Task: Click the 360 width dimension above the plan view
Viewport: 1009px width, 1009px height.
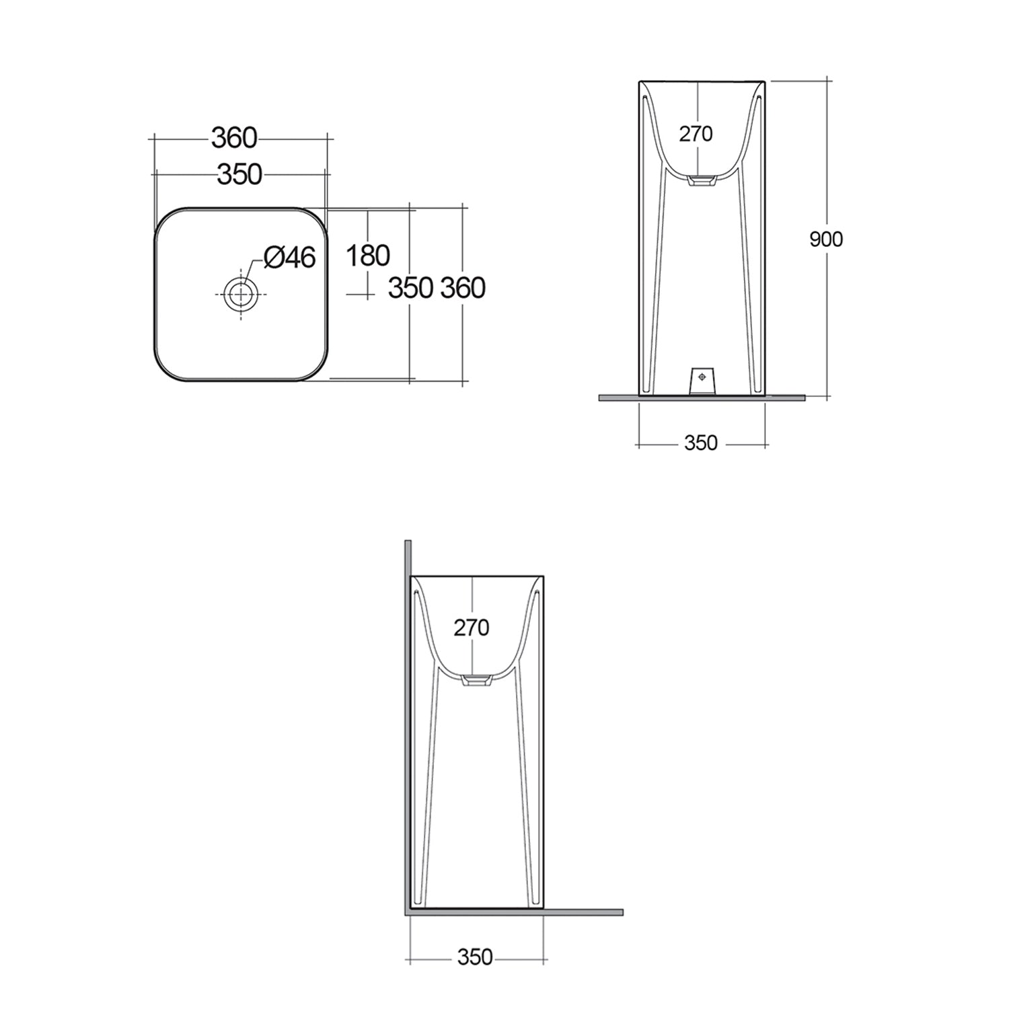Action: pyautogui.click(x=234, y=138)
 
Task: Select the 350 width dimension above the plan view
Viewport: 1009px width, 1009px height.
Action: pyautogui.click(x=239, y=174)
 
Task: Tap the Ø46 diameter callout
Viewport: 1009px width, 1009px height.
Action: pyautogui.click(x=290, y=257)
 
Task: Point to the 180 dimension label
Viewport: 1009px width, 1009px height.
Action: pyautogui.click(x=367, y=256)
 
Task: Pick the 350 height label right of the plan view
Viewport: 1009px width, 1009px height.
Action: pyautogui.click(x=410, y=288)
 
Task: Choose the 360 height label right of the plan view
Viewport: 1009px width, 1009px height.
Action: pyautogui.click(x=463, y=288)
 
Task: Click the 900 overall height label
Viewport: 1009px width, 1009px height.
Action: pyautogui.click(x=826, y=239)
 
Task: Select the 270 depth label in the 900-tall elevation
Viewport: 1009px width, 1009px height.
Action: pyautogui.click(x=696, y=134)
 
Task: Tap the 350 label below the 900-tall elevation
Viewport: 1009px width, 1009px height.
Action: pyautogui.click(x=701, y=443)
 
